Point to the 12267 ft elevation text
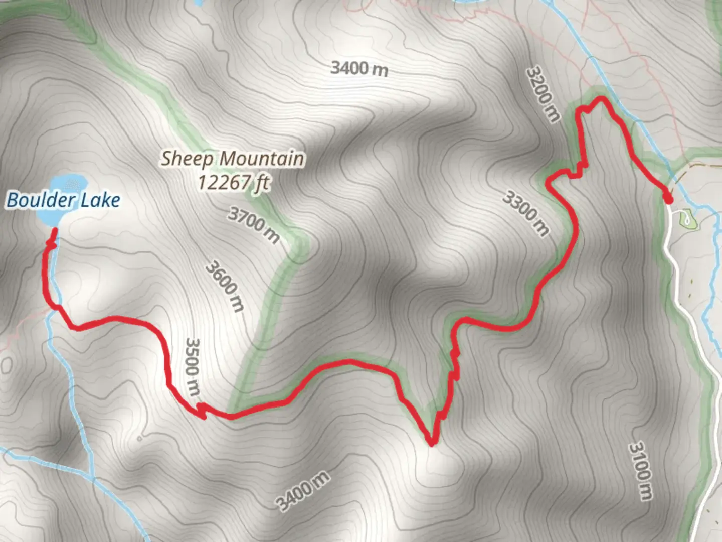[234, 182]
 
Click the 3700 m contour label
[254, 225]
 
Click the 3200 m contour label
[543, 94]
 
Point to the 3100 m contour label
[641, 470]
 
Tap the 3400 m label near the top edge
[359, 68]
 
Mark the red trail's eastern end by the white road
[668, 199]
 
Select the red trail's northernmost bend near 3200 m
[600, 99]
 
